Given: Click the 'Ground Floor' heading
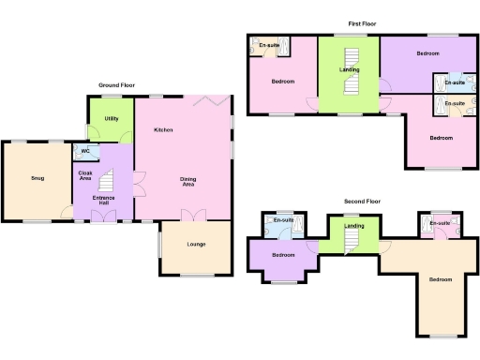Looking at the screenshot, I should [117, 85].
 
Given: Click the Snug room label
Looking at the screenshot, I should [37, 178].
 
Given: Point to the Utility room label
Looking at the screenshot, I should [112, 119].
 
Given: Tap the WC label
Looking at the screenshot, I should [85, 151].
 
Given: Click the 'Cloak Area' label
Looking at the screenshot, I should [84, 175].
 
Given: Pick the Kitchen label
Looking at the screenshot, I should [163, 130].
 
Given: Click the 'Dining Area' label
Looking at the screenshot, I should [195, 182].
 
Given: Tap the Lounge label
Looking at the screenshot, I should [196, 245].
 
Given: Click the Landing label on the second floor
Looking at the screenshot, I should [354, 226].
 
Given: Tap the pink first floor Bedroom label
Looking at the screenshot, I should [283, 82].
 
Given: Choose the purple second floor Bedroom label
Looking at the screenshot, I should [282, 255].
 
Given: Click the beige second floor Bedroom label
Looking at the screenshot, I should [440, 280].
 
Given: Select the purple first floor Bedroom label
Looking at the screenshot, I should [427, 54].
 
